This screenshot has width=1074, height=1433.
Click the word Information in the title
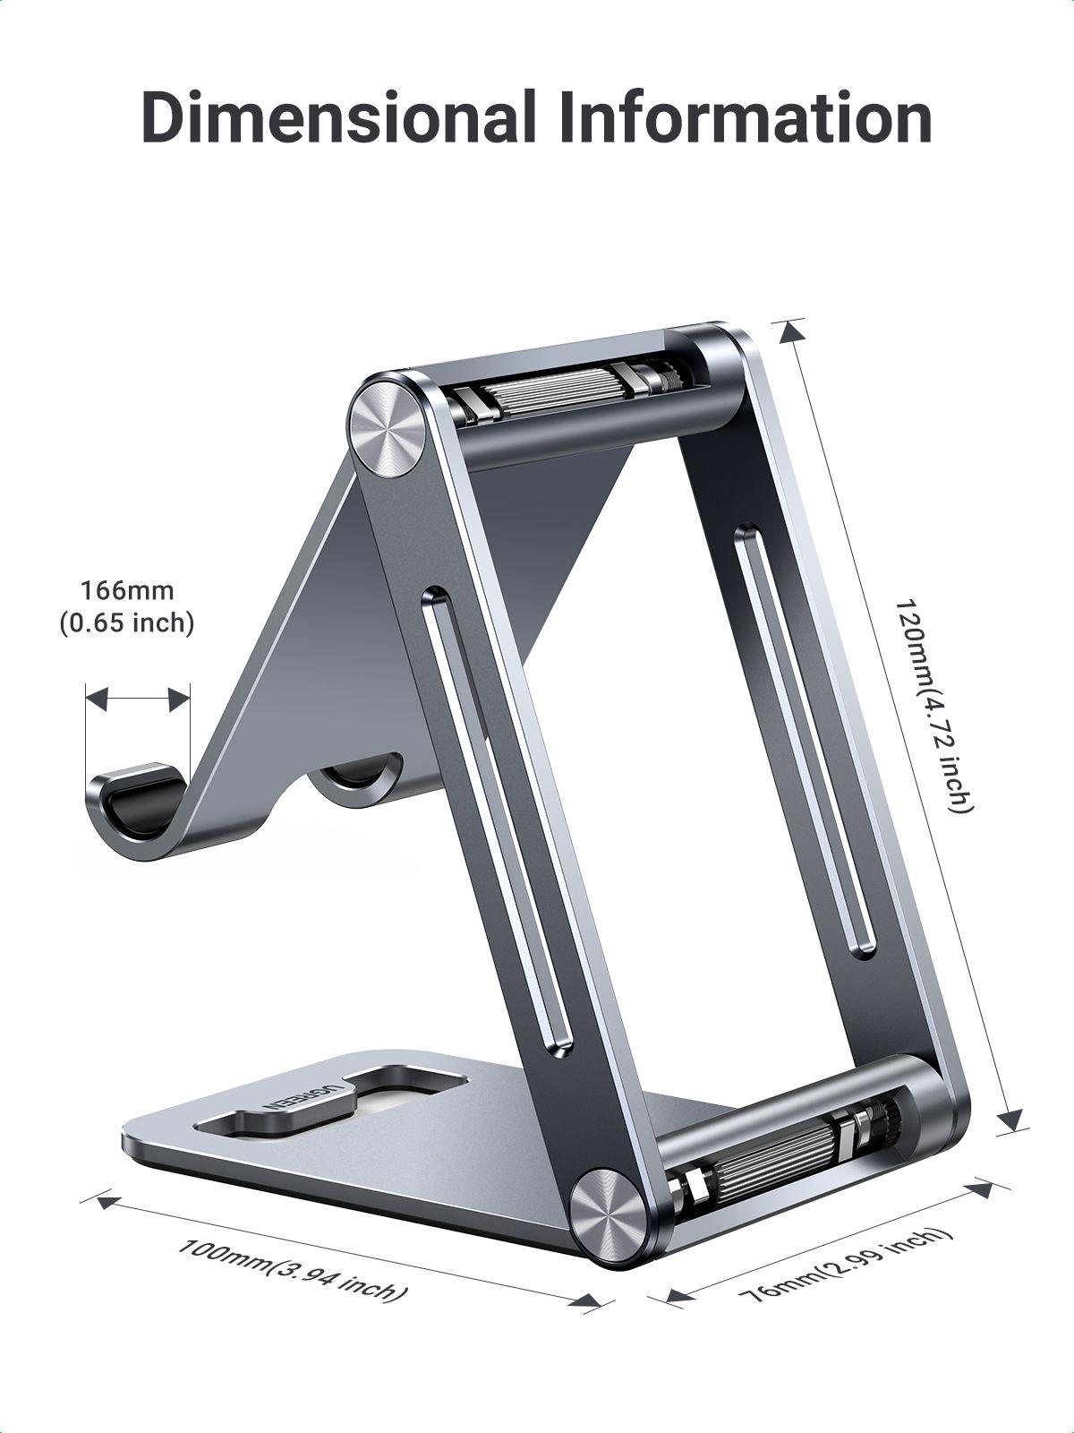[744, 117]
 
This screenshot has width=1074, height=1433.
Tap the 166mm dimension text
[127, 591]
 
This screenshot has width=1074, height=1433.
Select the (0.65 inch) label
[127, 622]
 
